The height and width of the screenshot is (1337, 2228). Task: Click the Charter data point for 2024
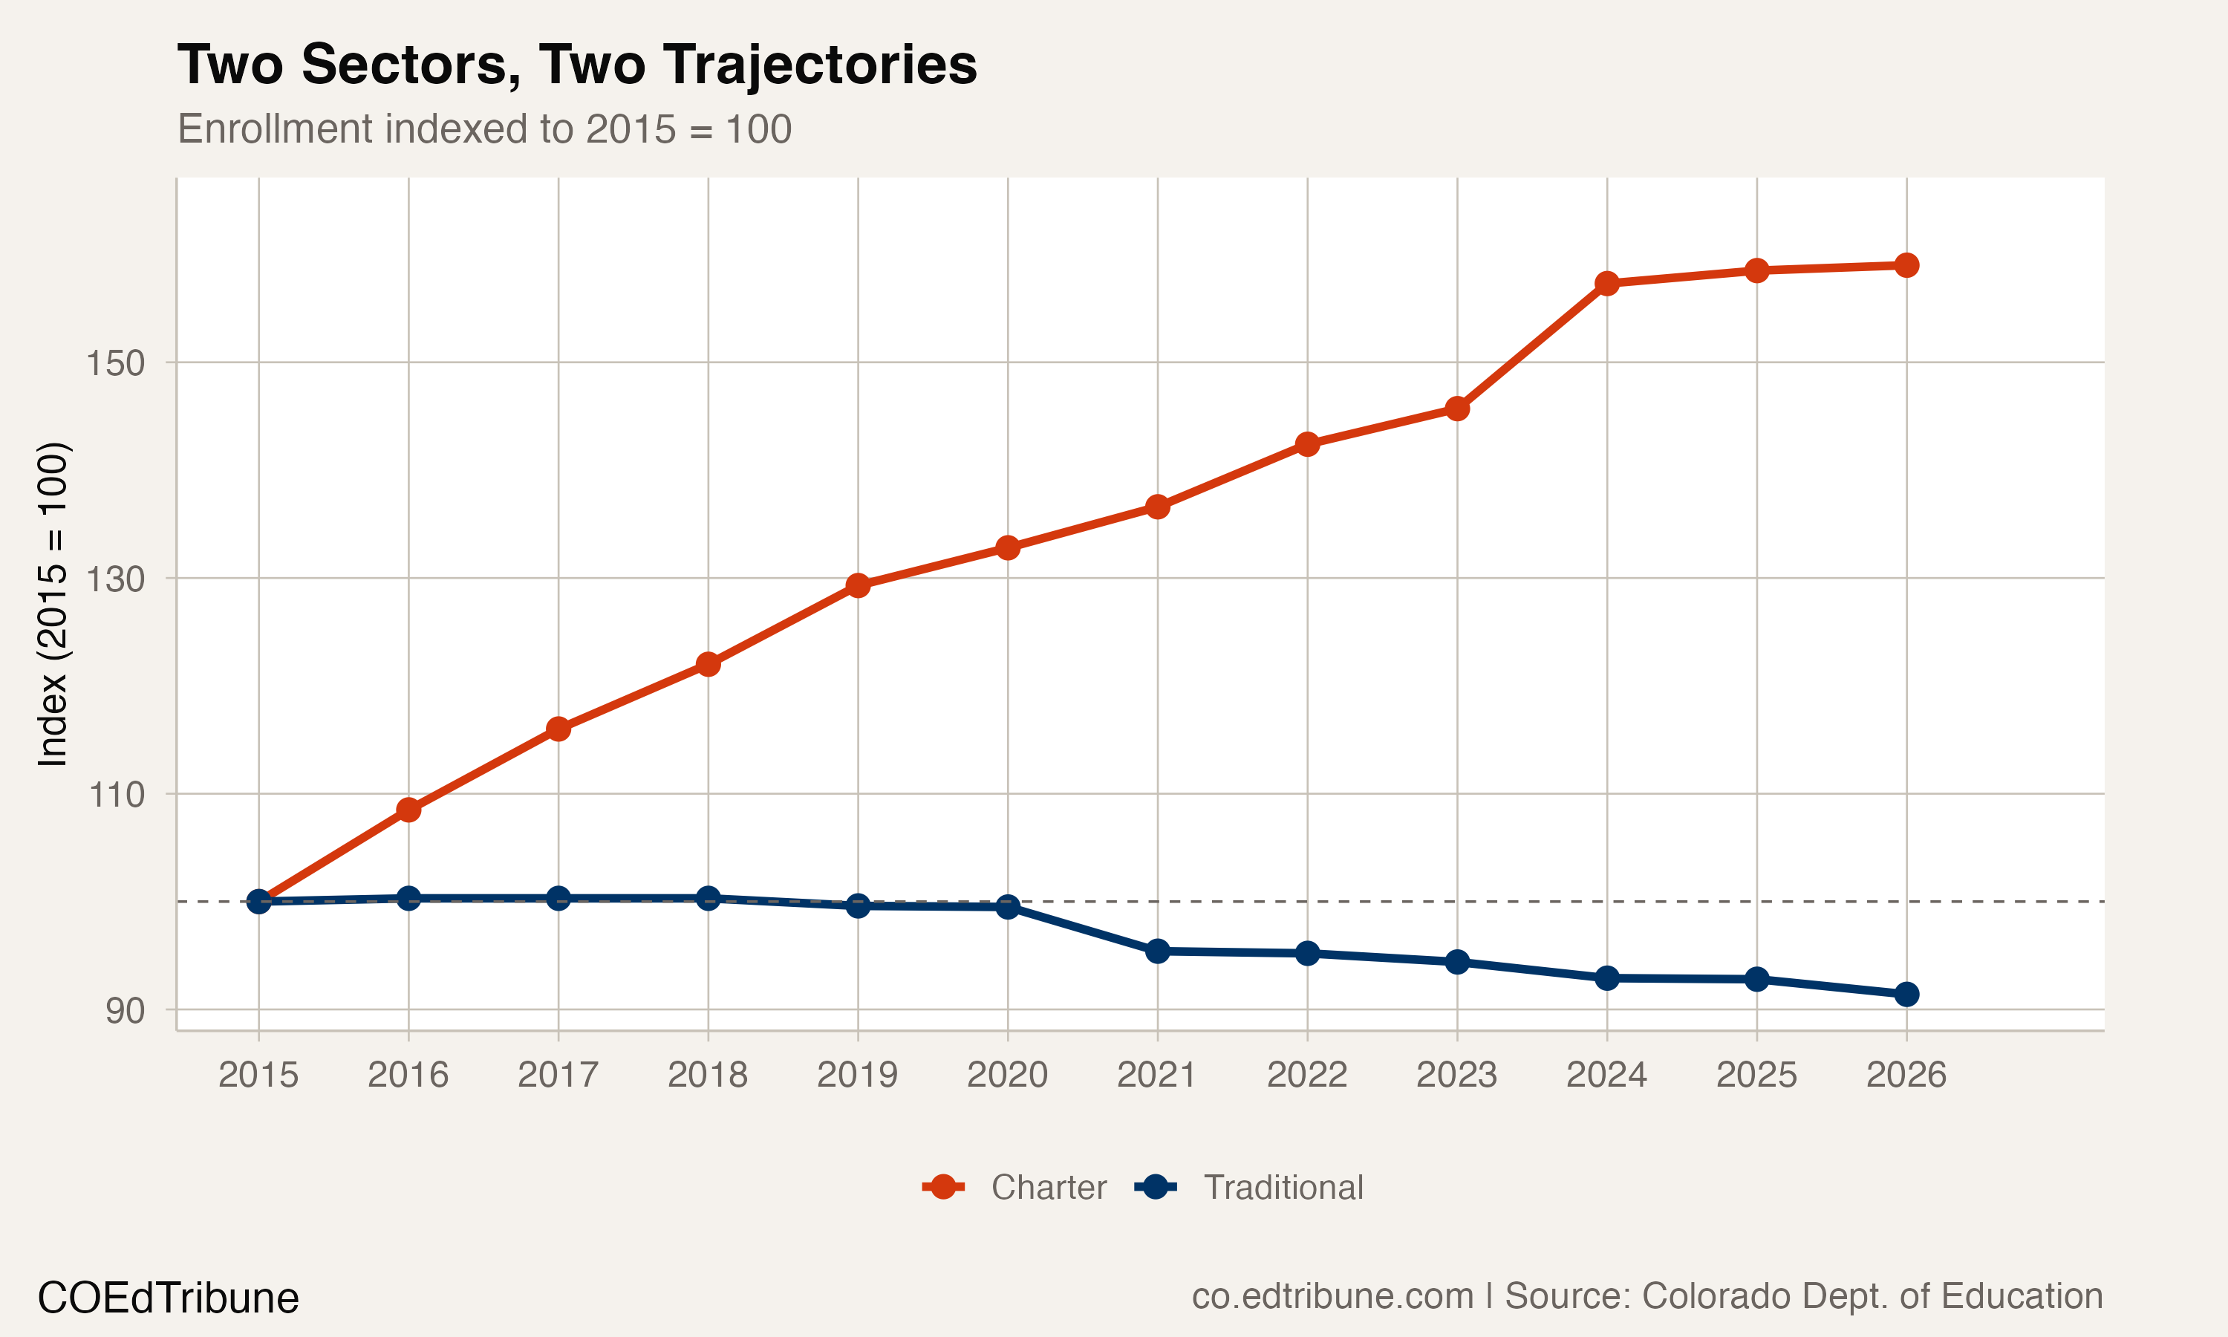pyautogui.click(x=1606, y=284)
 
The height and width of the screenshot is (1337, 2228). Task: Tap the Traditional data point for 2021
pyautogui.click(x=1157, y=951)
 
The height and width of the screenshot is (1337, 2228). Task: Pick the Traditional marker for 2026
pyautogui.click(x=1906, y=995)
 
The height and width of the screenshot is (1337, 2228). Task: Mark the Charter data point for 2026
pyautogui.click(x=1906, y=265)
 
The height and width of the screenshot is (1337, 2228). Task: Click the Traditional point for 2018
pyautogui.click(x=708, y=898)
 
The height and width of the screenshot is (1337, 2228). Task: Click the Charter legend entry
pyautogui.click(x=1015, y=1188)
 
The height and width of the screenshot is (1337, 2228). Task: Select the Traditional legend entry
pyautogui.click(x=1250, y=1188)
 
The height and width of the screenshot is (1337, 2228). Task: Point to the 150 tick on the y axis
pyautogui.click(x=114, y=363)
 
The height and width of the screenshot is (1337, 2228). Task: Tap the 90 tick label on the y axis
pyautogui.click(x=124, y=1011)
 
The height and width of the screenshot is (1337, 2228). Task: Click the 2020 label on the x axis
pyautogui.click(x=1007, y=1075)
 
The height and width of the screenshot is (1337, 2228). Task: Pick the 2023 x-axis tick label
pyautogui.click(x=1456, y=1075)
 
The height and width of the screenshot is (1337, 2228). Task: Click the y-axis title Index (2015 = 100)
pyautogui.click(x=52, y=605)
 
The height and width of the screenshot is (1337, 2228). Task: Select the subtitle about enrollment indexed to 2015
pyautogui.click(x=484, y=129)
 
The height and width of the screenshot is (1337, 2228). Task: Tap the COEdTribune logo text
pyautogui.click(x=169, y=1298)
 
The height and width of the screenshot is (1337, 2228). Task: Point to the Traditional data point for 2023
pyautogui.click(x=1457, y=962)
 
